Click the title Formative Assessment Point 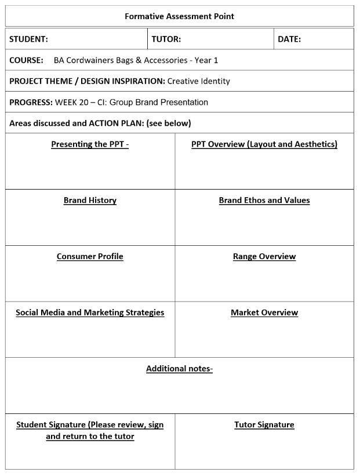pyautogui.click(x=179, y=16)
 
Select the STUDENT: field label pyautogui.click(x=28, y=39)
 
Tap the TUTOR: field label pyautogui.click(x=166, y=39)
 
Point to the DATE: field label pyautogui.click(x=289, y=39)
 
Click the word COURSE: pyautogui.click(x=26, y=60)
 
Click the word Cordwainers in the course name pyautogui.click(x=92, y=60)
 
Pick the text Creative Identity pyautogui.click(x=199, y=81)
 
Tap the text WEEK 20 pyautogui.click(x=74, y=102)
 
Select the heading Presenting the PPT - pyautogui.click(x=90, y=144)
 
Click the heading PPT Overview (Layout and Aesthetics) pyautogui.click(x=264, y=144)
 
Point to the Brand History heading pyautogui.click(x=90, y=201)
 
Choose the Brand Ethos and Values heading pyautogui.click(x=264, y=201)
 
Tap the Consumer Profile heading pyautogui.click(x=90, y=256)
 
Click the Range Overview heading pyautogui.click(x=264, y=256)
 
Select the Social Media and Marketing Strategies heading pyautogui.click(x=90, y=313)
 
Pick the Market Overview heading pyautogui.click(x=264, y=313)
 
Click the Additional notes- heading pyautogui.click(x=179, y=369)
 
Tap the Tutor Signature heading pyautogui.click(x=264, y=425)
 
